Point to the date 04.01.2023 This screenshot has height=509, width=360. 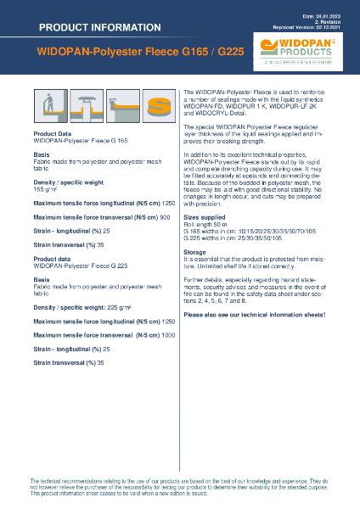pos(324,17)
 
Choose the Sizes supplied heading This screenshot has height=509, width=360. pos(204,193)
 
